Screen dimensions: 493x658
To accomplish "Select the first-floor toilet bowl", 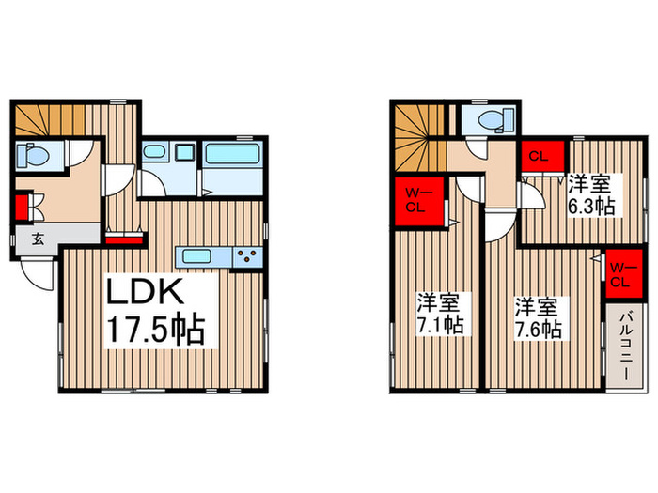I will [34, 154].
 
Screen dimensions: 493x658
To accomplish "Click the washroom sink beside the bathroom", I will [154, 152].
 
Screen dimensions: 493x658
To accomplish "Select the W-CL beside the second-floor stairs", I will [415, 200].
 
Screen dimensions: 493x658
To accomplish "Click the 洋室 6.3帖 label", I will [590, 195].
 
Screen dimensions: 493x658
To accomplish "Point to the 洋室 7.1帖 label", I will [439, 315].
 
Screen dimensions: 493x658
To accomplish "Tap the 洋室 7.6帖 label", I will [538, 318].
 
